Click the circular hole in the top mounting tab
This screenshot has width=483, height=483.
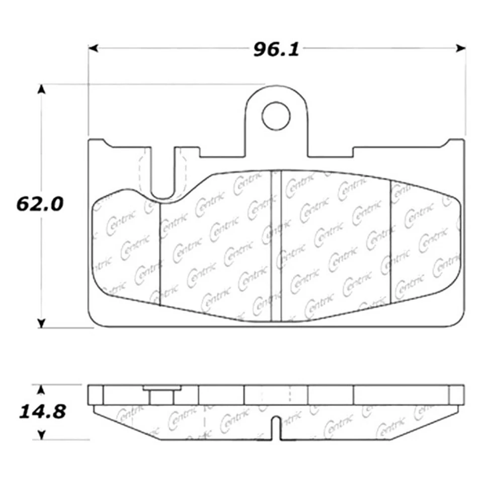276,115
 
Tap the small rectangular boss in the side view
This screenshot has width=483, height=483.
161,396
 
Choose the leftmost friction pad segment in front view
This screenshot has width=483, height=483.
126,247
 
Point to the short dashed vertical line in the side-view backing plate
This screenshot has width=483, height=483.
289,393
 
